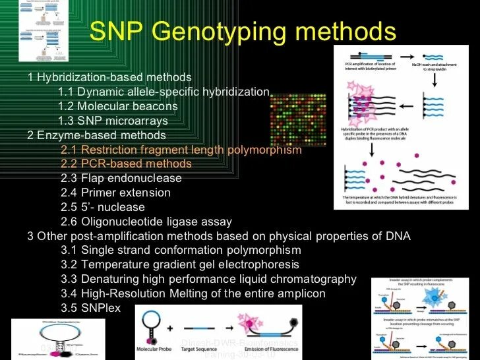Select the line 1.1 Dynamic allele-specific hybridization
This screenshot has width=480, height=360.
point(164,92)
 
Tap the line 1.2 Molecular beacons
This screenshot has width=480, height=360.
point(117,106)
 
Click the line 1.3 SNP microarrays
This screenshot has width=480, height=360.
point(113,121)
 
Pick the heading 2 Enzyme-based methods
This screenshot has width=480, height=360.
point(96,135)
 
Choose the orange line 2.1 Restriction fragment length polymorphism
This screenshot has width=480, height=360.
point(181,150)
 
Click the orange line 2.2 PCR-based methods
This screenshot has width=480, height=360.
point(126,164)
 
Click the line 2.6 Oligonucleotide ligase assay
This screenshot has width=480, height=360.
point(146,222)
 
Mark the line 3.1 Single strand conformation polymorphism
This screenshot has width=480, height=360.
point(181,250)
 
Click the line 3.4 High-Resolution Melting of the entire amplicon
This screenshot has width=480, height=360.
point(193,293)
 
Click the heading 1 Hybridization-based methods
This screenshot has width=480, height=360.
point(109,77)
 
